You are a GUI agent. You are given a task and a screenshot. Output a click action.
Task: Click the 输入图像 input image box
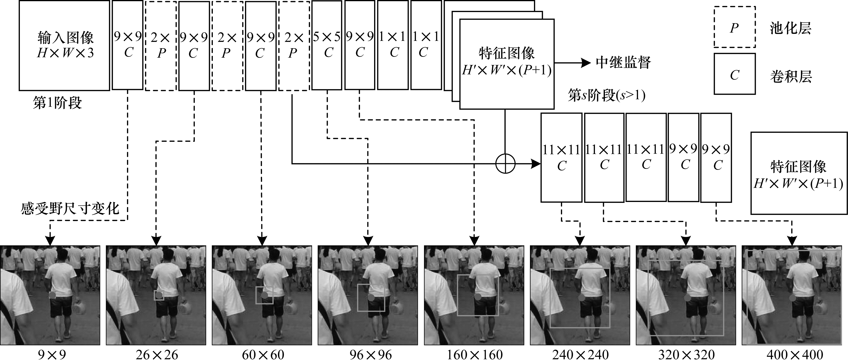pyautogui.click(x=65, y=45)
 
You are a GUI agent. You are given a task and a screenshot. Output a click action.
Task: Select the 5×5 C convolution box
pyautogui.click(x=327, y=45)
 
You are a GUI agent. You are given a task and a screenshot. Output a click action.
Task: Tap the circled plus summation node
pyautogui.click(x=505, y=163)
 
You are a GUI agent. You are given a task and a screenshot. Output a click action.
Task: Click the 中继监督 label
pyautogui.click(x=623, y=62)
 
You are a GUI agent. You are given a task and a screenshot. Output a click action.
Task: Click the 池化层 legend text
pyautogui.click(x=790, y=28)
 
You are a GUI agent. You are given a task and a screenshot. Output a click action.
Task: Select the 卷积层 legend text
pyautogui.click(x=790, y=76)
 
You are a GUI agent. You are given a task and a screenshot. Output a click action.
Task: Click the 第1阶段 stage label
pyautogui.click(x=57, y=103)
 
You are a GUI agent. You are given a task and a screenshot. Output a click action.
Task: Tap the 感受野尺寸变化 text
pyautogui.click(x=70, y=209)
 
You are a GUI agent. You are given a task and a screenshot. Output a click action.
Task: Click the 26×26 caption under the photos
pyautogui.click(x=157, y=355)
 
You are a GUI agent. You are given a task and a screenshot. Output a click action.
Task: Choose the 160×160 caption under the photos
pyautogui.click(x=474, y=355)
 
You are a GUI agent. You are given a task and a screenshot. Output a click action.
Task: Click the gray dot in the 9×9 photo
pyautogui.click(x=52, y=295)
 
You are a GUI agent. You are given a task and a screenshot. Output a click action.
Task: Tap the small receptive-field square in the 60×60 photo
pyautogui.click(x=264, y=295)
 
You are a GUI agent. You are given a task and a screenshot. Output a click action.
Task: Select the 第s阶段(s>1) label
pyautogui.click(x=606, y=96)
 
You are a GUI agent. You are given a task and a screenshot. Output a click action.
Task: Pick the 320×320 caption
pyautogui.click(x=686, y=355)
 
